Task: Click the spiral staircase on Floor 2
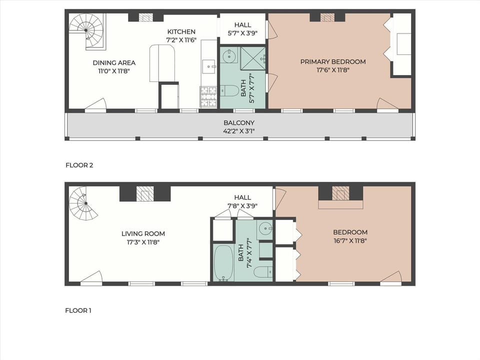point(86,31)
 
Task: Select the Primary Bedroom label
point(332,61)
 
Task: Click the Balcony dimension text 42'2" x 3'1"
point(238,131)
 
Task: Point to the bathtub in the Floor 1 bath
point(223,262)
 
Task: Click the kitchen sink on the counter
point(208,65)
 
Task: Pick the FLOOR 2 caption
point(79,164)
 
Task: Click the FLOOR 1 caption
point(78,310)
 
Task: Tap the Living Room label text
point(143,233)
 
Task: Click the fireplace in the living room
point(145,194)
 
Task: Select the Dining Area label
point(114,62)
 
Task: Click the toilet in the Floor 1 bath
point(262,272)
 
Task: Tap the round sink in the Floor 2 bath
point(229,55)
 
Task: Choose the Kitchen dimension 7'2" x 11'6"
point(181,39)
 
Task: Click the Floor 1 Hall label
point(242,197)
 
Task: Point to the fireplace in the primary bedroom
point(327,17)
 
